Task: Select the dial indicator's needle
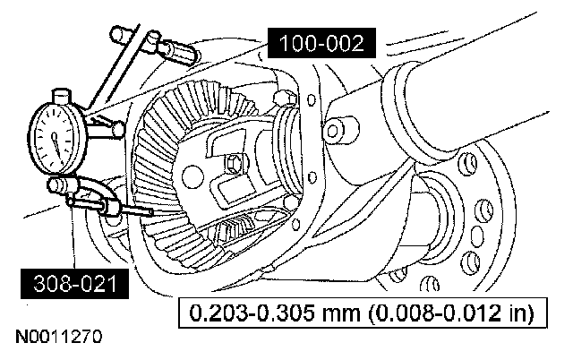[x=56, y=141]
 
